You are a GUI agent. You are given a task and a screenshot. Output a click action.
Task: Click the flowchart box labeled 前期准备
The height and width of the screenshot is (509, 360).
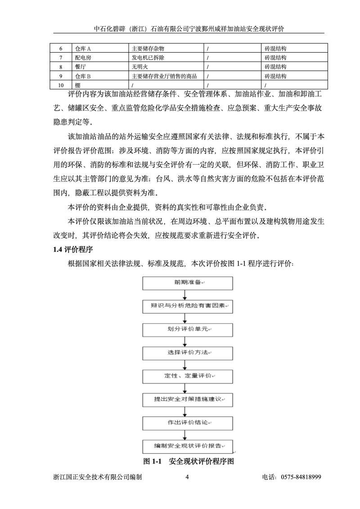188,283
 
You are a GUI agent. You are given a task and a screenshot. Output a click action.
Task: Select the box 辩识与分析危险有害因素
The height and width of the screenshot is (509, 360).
188,306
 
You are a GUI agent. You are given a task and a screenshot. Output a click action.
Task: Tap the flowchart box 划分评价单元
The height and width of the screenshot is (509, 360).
188,330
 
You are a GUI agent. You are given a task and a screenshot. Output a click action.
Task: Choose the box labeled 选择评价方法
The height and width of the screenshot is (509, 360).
188,353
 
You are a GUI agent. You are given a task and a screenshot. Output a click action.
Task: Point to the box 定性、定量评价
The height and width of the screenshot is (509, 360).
188,376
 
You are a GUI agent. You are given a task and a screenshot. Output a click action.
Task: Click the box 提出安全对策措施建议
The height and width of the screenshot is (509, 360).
188,400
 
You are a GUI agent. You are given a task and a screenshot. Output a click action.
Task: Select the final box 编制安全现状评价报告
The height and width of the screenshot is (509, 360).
188,446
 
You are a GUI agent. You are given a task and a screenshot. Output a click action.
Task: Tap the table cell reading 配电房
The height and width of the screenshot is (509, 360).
83,58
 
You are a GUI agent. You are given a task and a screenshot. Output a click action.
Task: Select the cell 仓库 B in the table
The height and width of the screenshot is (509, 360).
83,76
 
